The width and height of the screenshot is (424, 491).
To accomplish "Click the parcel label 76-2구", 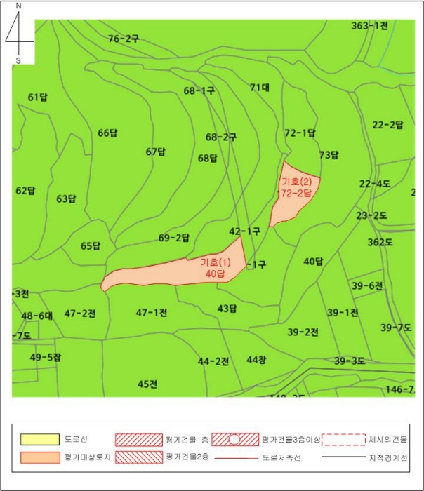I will coord(124,39).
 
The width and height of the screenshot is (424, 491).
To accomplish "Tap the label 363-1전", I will coord(369,26).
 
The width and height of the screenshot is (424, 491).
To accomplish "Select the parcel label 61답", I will coord(38,97).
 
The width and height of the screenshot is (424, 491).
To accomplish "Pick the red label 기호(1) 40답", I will coord(215,267).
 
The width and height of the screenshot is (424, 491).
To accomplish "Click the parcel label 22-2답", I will coord(387,125).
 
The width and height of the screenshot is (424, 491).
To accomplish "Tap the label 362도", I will coord(380,242).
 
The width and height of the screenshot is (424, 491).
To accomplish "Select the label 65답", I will coord(91,246).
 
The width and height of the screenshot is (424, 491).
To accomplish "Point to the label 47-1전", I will coord(152,312).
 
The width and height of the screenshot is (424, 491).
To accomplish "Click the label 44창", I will coord(256,360).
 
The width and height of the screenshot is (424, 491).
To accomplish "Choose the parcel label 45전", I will coord(147,384).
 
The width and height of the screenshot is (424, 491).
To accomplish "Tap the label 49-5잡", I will coord(46,358).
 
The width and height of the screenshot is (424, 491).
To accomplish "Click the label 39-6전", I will coord(367,285).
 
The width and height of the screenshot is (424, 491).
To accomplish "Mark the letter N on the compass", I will coord(18,6).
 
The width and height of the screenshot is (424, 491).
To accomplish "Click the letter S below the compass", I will coord(18,60).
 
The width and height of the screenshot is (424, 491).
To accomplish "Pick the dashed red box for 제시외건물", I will coord(343,440).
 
